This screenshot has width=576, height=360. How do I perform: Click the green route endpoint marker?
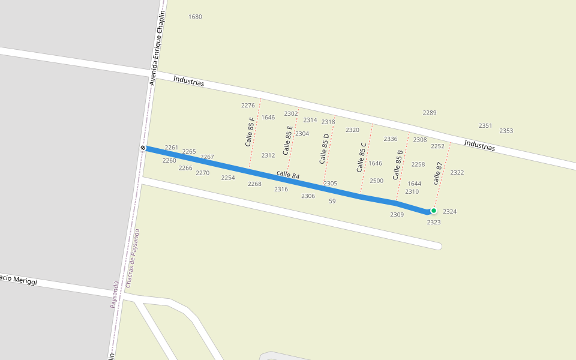(433, 211)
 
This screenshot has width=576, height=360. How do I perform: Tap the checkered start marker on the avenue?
(143, 148)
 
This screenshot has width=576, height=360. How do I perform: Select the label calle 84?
(288, 175)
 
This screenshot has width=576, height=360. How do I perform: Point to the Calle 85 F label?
(250, 132)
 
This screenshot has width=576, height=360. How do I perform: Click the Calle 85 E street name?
(288, 140)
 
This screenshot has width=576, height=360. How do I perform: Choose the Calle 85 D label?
(325, 149)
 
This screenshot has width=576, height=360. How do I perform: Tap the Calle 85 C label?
(361, 157)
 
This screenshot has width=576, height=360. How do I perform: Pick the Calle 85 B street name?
(398, 165)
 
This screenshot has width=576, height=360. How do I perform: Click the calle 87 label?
(438, 173)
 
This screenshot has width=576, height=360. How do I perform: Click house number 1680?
(195, 17)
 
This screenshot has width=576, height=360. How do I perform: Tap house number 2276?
(248, 106)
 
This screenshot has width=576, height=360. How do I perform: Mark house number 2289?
(430, 113)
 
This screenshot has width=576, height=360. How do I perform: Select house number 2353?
(506, 131)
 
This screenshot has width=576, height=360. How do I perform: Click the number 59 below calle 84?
(332, 201)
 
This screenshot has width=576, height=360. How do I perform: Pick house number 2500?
(376, 181)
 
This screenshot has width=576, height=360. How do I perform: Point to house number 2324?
(450, 212)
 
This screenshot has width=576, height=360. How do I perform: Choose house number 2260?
(169, 161)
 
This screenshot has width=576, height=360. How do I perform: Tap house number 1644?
(415, 184)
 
